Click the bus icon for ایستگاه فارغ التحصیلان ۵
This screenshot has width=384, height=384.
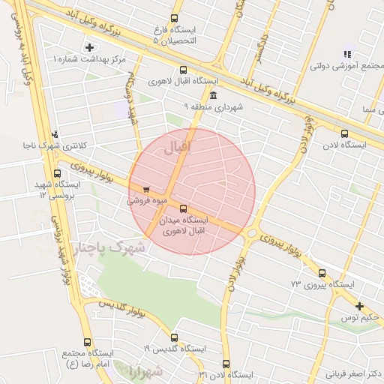[175, 18]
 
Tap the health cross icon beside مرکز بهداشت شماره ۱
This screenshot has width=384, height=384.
[90, 47]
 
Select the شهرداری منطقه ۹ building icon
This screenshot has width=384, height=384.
[214, 95]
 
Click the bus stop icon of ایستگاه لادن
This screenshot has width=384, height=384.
[344, 134]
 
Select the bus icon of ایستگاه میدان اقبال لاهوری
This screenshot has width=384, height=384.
[184, 208]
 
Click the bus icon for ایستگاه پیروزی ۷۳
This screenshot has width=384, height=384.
[322, 273]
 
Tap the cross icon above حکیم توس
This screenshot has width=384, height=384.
[360, 306]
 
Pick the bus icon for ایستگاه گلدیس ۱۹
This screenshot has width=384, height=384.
[175, 337]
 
